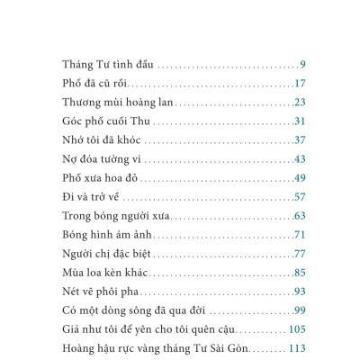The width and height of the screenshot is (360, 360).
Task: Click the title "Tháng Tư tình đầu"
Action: (x=108, y=65)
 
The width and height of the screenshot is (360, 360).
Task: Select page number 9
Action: (x=303, y=65)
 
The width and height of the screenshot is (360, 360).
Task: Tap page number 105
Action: (x=297, y=328)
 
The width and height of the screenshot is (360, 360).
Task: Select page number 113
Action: (x=297, y=347)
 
